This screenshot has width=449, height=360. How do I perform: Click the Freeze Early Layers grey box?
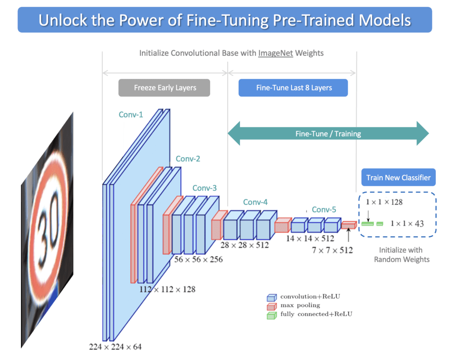click(164, 88)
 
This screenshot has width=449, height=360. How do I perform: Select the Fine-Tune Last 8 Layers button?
click(294, 88)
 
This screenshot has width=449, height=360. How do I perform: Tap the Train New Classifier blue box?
click(399, 178)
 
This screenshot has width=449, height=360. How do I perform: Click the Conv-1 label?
click(131, 114)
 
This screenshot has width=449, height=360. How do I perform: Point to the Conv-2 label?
click(188, 159)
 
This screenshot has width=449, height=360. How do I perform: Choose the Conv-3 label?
click(204, 189)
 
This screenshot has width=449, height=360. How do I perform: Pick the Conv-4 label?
click(255, 202)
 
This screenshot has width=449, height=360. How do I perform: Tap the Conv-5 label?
click(324, 210)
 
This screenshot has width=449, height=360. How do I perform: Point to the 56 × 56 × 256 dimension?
click(198, 259)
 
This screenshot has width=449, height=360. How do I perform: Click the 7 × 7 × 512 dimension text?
click(332, 250)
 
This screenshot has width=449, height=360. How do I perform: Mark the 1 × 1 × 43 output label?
click(407, 224)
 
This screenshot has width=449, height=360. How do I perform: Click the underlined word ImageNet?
click(275, 53)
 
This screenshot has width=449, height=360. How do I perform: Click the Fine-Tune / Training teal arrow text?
click(328, 134)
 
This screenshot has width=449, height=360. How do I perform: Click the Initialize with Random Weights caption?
click(401, 254)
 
